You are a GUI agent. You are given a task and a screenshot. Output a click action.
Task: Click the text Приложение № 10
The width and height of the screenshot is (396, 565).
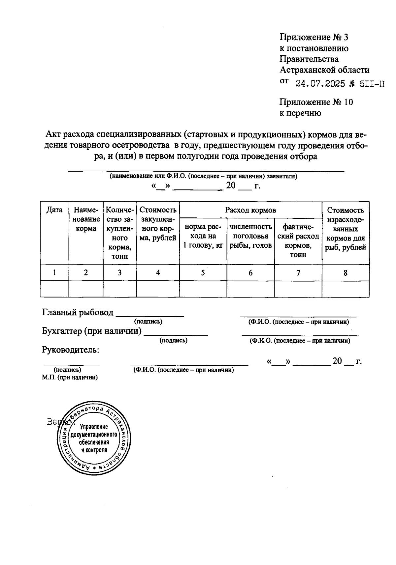(316, 102)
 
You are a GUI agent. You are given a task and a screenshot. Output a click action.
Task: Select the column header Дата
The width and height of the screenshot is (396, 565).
(54, 210)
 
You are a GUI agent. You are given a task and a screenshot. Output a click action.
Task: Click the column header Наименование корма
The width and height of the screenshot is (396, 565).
(86, 219)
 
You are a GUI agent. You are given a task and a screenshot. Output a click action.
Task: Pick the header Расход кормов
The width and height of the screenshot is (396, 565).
(250, 210)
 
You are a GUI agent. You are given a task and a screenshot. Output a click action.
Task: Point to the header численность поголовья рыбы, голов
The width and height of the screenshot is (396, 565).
(250, 236)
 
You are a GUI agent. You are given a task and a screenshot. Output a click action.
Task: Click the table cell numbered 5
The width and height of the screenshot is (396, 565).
(203, 273)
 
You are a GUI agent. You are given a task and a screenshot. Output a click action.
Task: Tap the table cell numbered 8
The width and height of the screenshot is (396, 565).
(346, 273)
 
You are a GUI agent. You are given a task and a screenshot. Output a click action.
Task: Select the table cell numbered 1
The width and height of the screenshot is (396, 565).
(54, 273)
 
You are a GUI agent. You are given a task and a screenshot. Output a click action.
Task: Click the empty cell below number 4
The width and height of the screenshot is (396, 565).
(158, 289)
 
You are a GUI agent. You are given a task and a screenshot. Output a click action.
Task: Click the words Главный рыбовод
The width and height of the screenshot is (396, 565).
(78, 312)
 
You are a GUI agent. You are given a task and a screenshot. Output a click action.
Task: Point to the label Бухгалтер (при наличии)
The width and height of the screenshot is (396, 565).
(92, 331)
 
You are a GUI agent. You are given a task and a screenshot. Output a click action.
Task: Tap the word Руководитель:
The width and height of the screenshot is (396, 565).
(71, 350)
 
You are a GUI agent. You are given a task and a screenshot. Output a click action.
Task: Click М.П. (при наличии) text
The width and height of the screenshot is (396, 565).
(70, 378)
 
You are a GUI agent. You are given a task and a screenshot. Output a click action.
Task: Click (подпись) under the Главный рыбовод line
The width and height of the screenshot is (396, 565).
(148, 321)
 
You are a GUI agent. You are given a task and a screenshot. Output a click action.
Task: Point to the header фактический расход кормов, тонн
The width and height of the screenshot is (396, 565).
(298, 240)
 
